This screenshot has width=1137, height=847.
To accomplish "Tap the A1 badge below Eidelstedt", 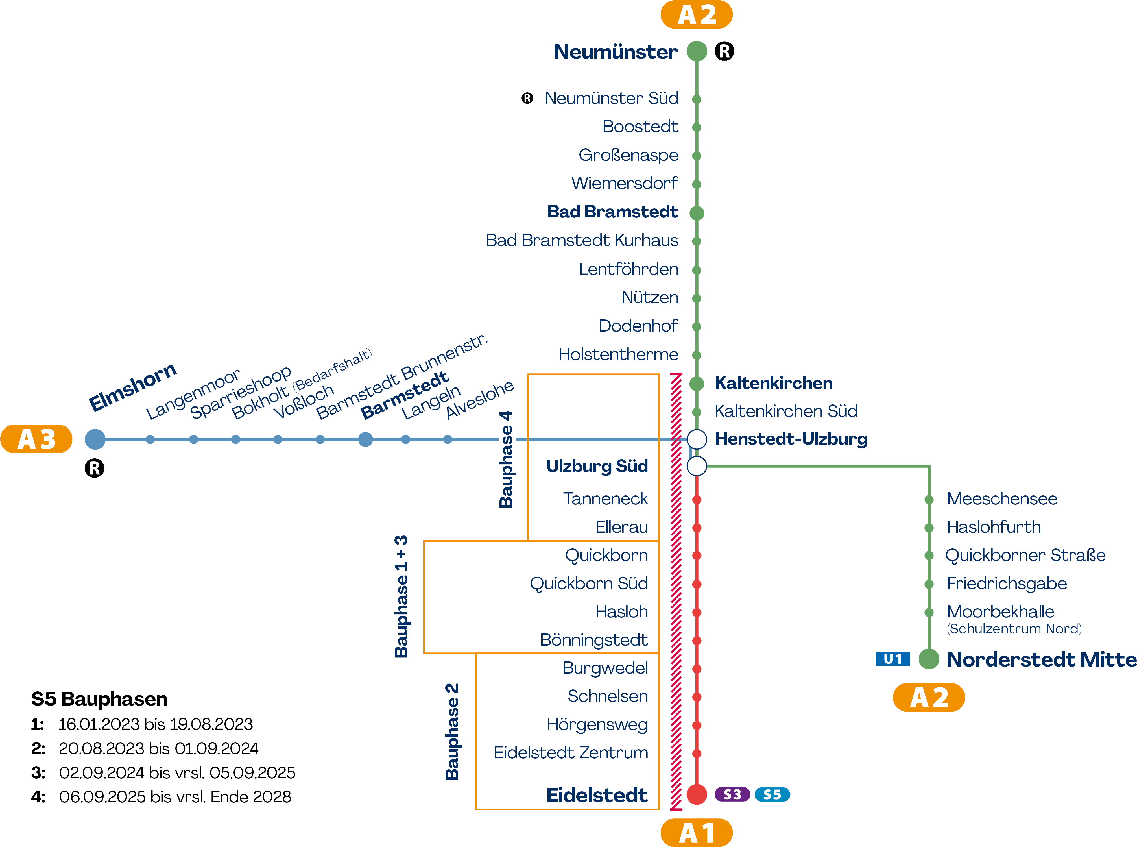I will pos(696,833).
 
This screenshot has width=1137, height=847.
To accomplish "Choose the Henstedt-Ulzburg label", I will pos(791,439).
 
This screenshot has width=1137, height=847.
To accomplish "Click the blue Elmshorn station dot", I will pos(95,439).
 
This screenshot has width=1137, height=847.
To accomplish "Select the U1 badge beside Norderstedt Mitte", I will pos(892,659).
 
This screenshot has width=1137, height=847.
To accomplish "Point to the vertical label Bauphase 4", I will pos(505,460).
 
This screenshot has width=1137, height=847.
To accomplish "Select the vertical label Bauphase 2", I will pos(452,732).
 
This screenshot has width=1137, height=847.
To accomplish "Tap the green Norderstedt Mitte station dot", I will pos(928,659).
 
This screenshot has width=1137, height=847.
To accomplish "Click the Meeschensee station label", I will pos(1002,499).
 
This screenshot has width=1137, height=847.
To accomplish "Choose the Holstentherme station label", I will pos(618,354).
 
